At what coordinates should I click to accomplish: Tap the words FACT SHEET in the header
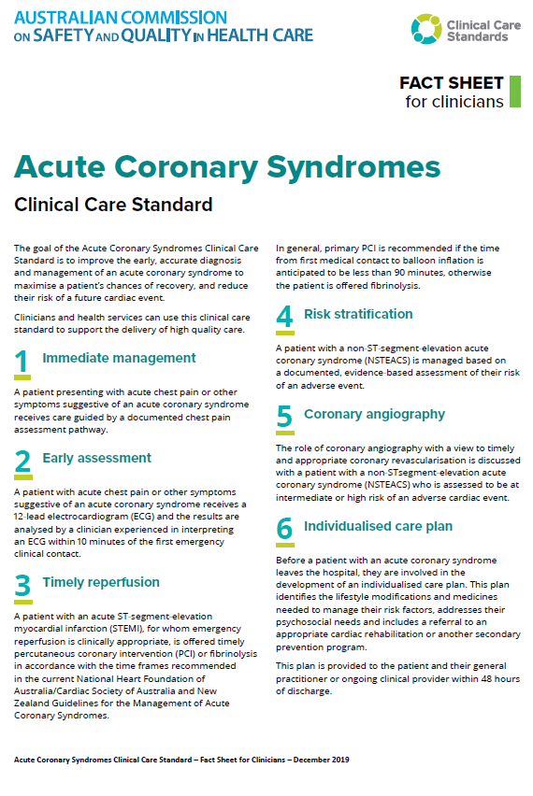[x=451, y=83]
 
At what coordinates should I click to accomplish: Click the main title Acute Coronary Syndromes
[x=227, y=167]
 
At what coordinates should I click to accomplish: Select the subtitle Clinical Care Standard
[x=113, y=204]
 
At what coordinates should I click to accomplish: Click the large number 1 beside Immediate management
[x=23, y=362]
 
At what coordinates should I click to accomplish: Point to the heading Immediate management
[x=119, y=358]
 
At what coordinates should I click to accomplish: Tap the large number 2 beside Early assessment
[x=23, y=462]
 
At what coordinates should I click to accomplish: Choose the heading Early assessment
[x=96, y=458]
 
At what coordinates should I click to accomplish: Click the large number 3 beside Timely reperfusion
[x=23, y=586]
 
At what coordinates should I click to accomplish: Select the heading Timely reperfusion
[x=101, y=582]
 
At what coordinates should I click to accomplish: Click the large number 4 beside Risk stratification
[x=284, y=318]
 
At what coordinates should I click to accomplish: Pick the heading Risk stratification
[x=358, y=314]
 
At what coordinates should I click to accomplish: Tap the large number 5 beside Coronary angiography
[x=284, y=418]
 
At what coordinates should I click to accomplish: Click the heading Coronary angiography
[x=374, y=414]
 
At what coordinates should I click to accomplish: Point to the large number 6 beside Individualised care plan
[x=284, y=530]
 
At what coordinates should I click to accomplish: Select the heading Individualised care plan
[x=378, y=526]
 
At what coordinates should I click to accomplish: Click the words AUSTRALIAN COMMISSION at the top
[x=121, y=18]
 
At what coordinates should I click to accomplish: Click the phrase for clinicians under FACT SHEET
[x=454, y=101]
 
